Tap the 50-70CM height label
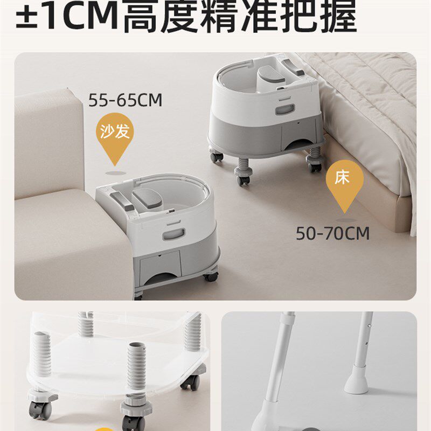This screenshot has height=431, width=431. pos(332,234)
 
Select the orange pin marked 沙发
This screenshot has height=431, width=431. pos(115,137)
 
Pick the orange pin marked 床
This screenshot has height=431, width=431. pos(345,185)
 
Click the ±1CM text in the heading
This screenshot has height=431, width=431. pos(67,15)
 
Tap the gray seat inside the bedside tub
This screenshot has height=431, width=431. pos(272,74)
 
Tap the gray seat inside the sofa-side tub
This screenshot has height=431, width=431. pos(147,198)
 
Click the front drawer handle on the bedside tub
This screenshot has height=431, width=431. pos(285,109)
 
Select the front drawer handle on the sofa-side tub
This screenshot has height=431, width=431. pos(173,234)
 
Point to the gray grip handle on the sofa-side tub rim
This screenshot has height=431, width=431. pos(122,201)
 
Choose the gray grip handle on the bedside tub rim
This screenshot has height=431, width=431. pos(294,67)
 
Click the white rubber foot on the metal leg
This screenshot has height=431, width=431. pos(356,379)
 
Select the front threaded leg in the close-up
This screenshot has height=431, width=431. pos(136,369)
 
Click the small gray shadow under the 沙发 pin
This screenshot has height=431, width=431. pos(116,173)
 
